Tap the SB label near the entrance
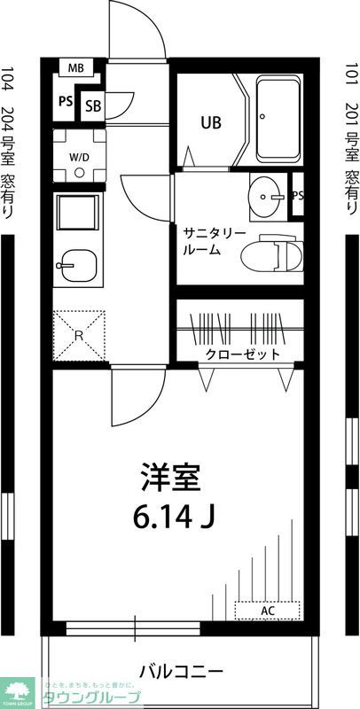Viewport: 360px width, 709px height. (x=92, y=105)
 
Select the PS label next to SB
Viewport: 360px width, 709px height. (x=66, y=101)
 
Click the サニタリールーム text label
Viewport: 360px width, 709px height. (x=214, y=241)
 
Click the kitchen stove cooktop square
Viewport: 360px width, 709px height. (x=78, y=214)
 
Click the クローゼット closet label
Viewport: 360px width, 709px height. (x=242, y=354)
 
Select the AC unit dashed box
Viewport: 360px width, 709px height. (x=268, y=611)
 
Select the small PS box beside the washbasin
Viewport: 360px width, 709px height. (x=298, y=195)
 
